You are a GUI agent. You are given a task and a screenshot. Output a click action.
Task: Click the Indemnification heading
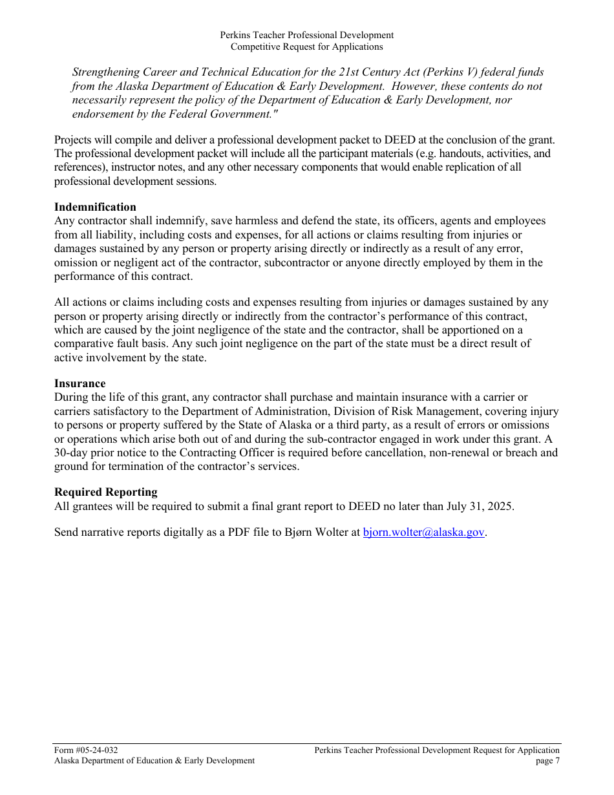[x=95, y=207]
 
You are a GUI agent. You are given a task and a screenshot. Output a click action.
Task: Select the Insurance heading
[x=79, y=383]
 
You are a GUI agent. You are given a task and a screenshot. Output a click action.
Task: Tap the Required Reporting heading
[x=105, y=492]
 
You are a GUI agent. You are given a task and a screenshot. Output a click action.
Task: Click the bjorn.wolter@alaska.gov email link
[x=423, y=533]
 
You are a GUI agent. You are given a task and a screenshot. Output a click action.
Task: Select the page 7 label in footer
[x=547, y=761]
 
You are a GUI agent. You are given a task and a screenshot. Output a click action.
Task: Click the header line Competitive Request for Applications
[x=306, y=47]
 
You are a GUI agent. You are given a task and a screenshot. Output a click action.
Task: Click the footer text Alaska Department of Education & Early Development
[x=154, y=761]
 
